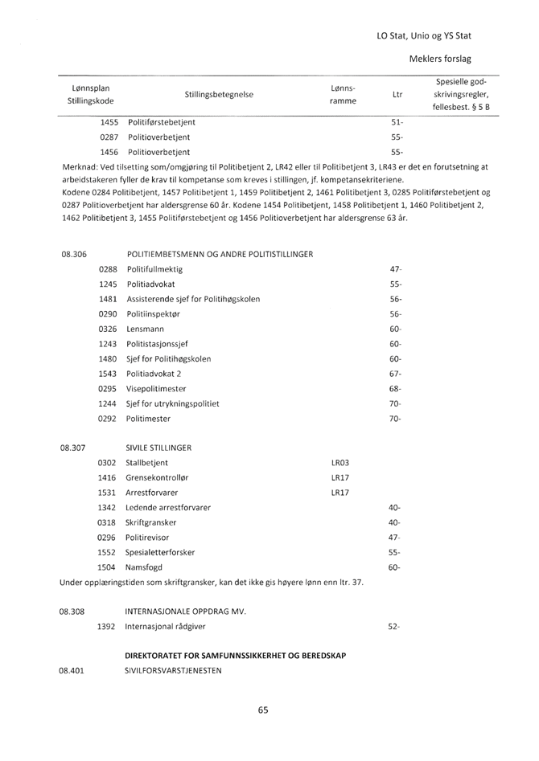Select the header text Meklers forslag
(x=440, y=59)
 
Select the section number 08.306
(x=73, y=254)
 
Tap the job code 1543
(x=109, y=374)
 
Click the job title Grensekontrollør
(x=159, y=477)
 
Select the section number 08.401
(x=73, y=670)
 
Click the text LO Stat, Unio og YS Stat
(x=423, y=35)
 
